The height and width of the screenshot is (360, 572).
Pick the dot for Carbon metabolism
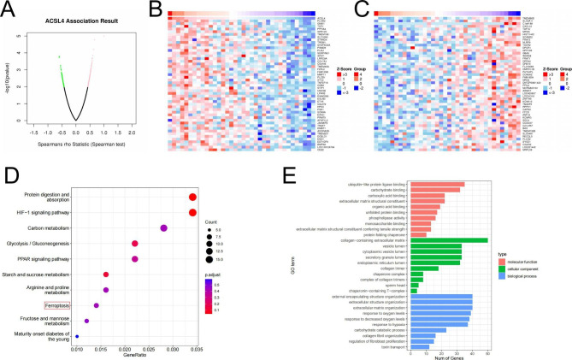163,227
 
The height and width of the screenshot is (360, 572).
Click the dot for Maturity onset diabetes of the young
77,336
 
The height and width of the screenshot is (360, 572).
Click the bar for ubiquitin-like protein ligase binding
438,184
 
